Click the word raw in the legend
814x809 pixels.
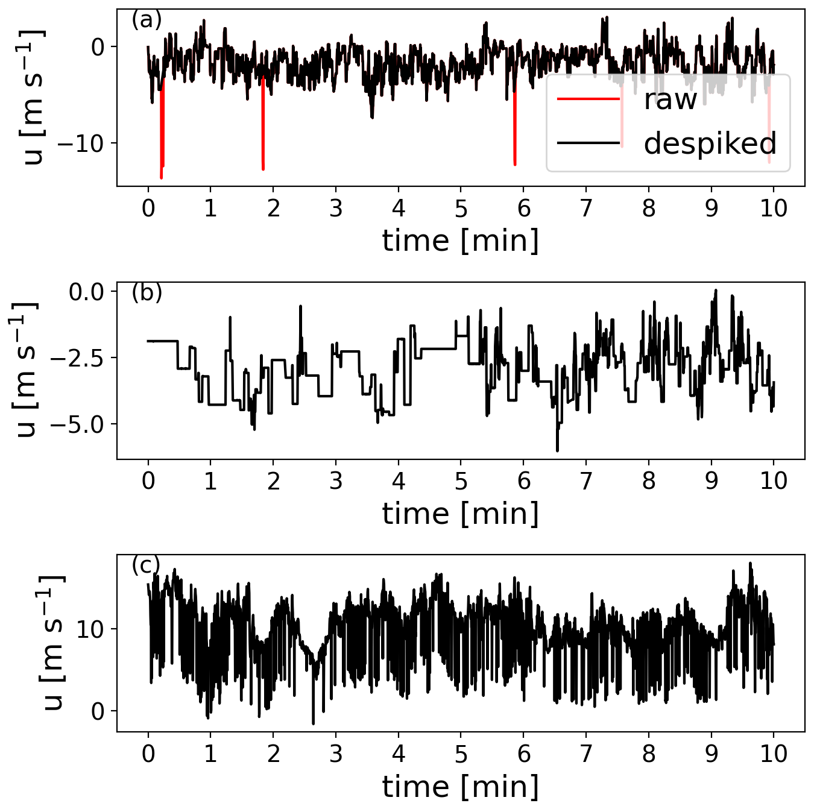pyautogui.click(x=670, y=99)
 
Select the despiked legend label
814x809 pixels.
pyautogui.click(x=710, y=143)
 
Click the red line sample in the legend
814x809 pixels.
pyautogui.click(x=588, y=99)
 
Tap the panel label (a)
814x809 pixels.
pyautogui.click(x=147, y=20)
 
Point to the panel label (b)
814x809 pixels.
pyautogui.click(x=147, y=292)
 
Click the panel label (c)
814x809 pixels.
pyautogui.click(x=146, y=565)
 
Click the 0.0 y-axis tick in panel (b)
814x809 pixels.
pyautogui.click(x=86, y=292)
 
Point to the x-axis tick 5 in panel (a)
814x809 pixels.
pyautogui.click(x=461, y=209)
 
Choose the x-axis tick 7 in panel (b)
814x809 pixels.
pyautogui.click(x=586, y=481)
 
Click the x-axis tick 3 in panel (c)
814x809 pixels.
pyautogui.click(x=336, y=754)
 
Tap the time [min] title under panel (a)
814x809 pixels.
pyautogui.click(x=461, y=241)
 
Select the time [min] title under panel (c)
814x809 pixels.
pyautogui.click(x=461, y=786)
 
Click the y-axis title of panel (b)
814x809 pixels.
pyautogui.click(x=25, y=370)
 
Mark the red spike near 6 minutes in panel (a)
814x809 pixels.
pyautogui.click(x=515, y=139)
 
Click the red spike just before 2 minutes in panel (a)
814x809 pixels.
pyautogui.click(x=263, y=139)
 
